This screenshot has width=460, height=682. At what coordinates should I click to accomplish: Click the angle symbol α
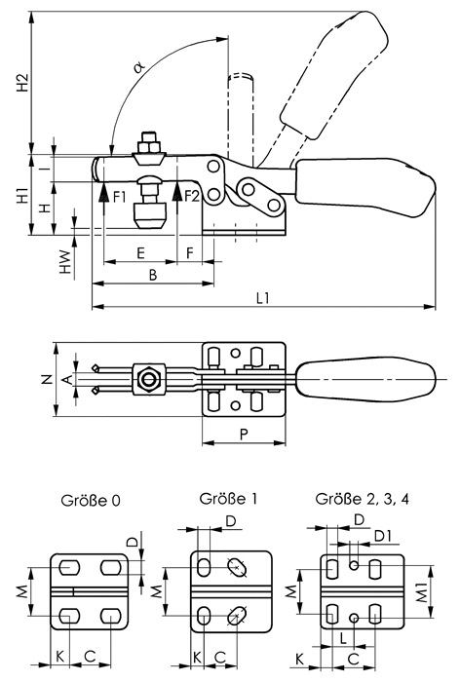(139, 67)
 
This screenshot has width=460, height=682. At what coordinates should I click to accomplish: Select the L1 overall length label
(263, 297)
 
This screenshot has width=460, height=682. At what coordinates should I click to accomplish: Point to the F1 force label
(119, 197)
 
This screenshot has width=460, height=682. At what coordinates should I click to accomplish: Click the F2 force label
(191, 196)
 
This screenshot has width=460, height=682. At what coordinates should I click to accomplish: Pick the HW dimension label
(65, 261)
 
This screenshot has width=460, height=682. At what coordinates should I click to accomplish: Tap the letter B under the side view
(153, 275)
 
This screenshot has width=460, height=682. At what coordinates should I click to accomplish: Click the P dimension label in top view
(244, 434)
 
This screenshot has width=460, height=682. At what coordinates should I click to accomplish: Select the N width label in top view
(49, 379)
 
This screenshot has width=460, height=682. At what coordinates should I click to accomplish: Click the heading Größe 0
(90, 500)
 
